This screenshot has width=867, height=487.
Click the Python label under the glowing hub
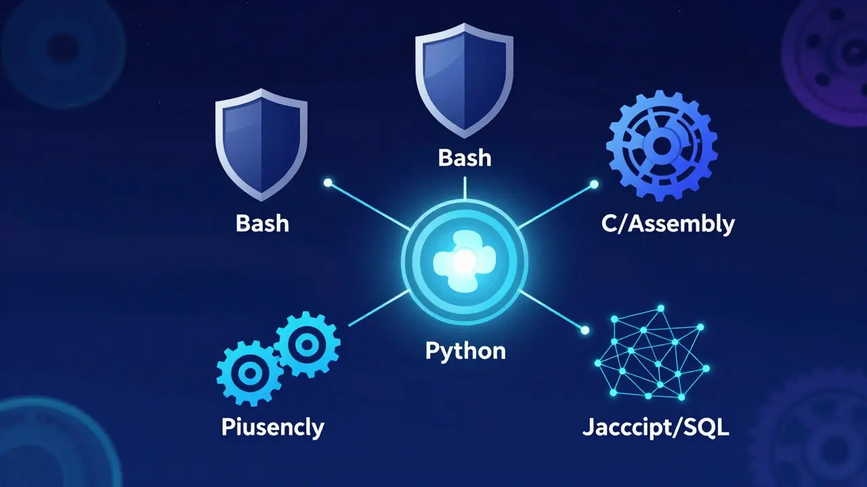[x=465, y=352]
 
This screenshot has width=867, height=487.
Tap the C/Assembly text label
[x=668, y=224]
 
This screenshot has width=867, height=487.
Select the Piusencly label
[x=273, y=427]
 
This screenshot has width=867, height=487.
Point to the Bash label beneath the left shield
[x=262, y=223]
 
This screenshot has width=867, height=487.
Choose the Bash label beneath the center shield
[x=465, y=158]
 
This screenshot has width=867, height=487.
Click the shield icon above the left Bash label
[x=261, y=145]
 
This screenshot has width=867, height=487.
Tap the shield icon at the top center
[x=465, y=80]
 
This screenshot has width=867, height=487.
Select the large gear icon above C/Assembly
[x=662, y=145]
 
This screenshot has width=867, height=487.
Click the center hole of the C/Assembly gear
[x=662, y=145]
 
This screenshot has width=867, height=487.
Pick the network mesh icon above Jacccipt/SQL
[x=652, y=353]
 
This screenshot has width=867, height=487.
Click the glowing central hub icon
[x=465, y=262]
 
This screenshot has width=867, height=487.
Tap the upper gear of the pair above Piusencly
[x=307, y=344]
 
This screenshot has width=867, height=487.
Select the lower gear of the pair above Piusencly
[x=250, y=373]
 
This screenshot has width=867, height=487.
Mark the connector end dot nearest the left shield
[x=328, y=183]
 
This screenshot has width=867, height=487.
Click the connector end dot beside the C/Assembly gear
[x=594, y=185]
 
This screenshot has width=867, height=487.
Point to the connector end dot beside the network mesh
[x=585, y=330]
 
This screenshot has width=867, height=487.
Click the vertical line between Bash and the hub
[x=465, y=188]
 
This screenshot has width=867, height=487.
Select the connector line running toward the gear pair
[x=379, y=308]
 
